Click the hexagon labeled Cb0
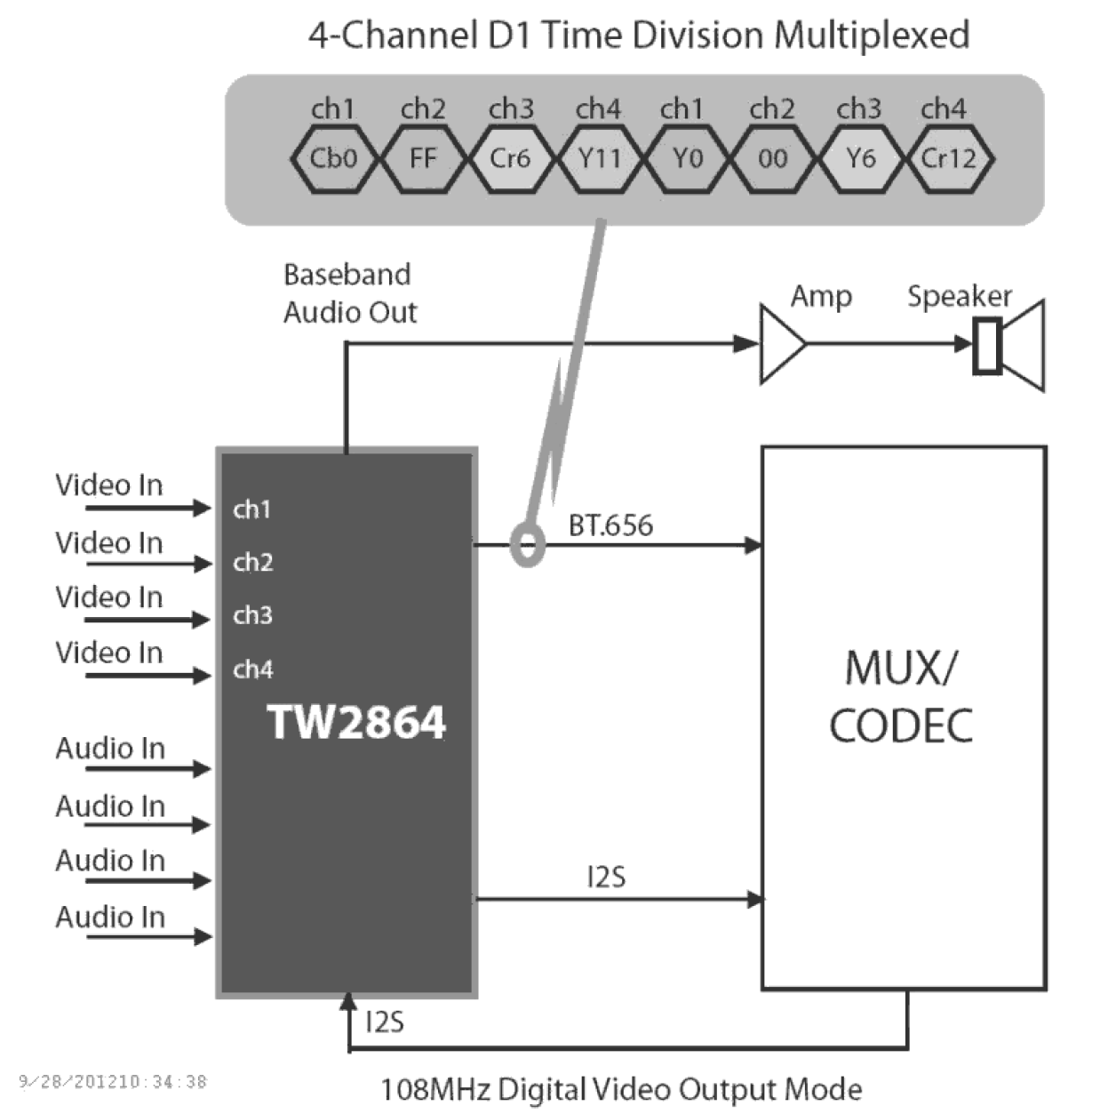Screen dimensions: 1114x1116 point(334,159)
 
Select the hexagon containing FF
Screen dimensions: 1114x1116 point(423,159)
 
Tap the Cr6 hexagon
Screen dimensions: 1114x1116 point(510,159)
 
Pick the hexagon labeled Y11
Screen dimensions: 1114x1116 point(599,159)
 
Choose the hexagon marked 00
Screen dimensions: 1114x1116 point(772,159)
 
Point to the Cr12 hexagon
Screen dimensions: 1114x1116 point(948,159)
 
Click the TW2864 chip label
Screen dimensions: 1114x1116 point(356,722)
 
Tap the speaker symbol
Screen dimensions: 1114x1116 point(1008,345)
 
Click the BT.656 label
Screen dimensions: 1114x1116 point(610,525)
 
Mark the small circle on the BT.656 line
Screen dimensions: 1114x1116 point(527,545)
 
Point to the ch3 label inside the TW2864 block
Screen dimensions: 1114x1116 point(252,615)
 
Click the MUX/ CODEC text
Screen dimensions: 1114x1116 point(901,697)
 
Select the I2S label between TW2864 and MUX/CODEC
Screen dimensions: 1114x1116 point(606,878)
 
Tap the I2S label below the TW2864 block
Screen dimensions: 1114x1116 point(385,1022)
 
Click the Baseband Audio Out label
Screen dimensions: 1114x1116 point(348,293)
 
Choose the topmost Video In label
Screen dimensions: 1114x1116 point(109,485)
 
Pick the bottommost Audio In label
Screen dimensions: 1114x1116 point(110,917)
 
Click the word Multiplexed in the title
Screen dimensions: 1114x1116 point(871,36)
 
